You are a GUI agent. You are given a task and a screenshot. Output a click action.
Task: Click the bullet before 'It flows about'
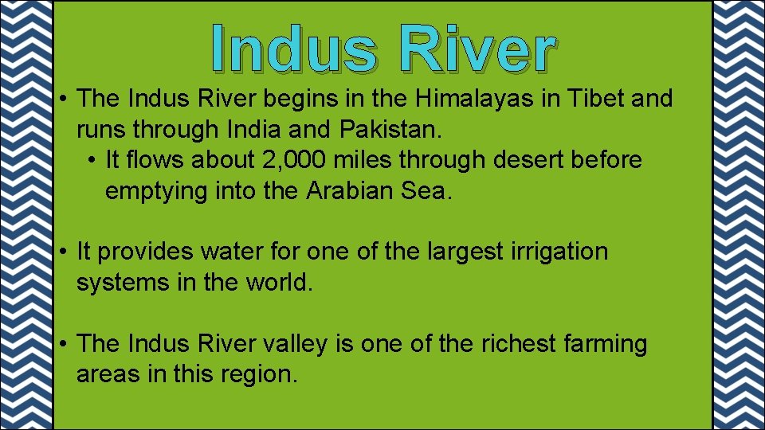coord(93,161)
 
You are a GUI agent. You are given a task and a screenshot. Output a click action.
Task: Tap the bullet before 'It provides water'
coord(63,252)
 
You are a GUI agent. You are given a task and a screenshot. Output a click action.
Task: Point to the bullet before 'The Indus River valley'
coord(63,345)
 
